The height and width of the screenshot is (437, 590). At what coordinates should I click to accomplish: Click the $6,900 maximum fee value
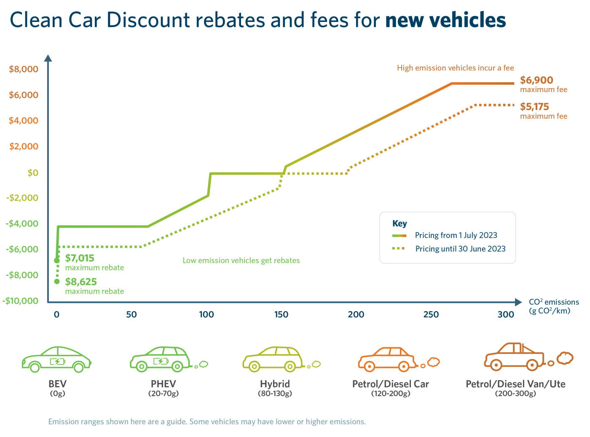pyautogui.click(x=536, y=80)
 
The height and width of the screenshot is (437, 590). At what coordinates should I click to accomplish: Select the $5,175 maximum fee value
pyautogui.click(x=534, y=107)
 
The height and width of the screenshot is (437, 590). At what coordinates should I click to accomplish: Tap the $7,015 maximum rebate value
pyautogui.click(x=80, y=258)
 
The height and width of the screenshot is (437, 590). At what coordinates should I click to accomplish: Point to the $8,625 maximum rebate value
pyautogui.click(x=81, y=282)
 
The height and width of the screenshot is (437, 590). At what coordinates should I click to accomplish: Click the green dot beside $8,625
pyautogui.click(x=57, y=281)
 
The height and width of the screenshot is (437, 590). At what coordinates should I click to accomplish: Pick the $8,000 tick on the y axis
pyautogui.click(x=24, y=69)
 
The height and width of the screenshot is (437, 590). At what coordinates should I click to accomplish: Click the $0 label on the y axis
pyautogui.click(x=33, y=173)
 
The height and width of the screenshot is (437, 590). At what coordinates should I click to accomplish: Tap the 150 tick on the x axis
pyautogui.click(x=281, y=315)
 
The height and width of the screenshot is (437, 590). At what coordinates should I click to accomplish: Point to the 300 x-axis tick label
pyautogui.click(x=506, y=315)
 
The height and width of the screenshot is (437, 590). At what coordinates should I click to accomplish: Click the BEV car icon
pyautogui.click(x=56, y=360)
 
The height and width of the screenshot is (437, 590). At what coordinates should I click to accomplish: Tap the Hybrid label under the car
pyautogui.click(x=275, y=384)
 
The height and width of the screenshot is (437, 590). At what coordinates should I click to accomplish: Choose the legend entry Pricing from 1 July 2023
pyautogui.click(x=456, y=235)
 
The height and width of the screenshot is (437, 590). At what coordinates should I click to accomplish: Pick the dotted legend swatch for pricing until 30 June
pyautogui.click(x=399, y=249)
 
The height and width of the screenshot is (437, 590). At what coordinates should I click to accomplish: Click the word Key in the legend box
pyautogui.click(x=400, y=224)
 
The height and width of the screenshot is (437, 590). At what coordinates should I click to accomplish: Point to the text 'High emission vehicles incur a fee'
pyautogui.click(x=455, y=68)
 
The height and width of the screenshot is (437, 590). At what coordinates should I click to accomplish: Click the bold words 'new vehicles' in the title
pyautogui.click(x=445, y=20)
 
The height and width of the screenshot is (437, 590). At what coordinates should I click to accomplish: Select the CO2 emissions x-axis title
pyautogui.click(x=553, y=306)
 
